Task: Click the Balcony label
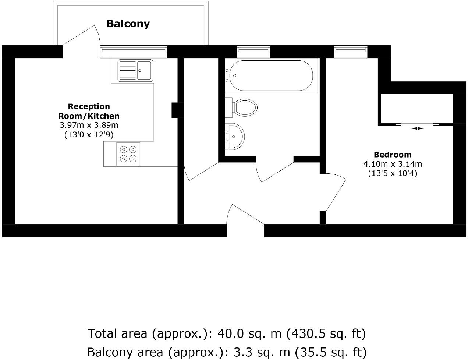click(128, 24)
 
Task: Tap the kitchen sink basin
click(144, 70)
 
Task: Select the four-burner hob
click(128, 154)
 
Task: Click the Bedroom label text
click(393, 155)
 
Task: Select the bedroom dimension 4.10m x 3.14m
click(393, 164)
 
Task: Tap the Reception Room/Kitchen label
click(89, 111)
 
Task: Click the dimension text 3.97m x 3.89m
click(89, 125)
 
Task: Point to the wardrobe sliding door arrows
click(417, 128)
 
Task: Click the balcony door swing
click(83, 39)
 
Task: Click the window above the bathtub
click(253, 51)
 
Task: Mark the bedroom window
click(351, 51)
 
